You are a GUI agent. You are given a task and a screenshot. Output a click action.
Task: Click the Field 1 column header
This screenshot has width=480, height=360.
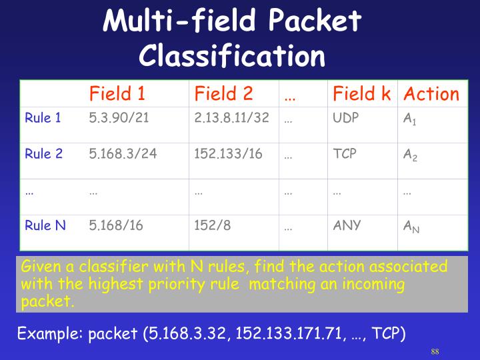coord(117,94)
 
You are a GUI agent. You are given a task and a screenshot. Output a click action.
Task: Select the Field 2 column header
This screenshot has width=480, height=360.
coord(223,94)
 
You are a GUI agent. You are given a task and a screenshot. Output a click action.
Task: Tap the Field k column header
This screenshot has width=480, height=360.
coord(361,94)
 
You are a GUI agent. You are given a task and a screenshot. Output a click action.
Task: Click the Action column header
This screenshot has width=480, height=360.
coord(432,94)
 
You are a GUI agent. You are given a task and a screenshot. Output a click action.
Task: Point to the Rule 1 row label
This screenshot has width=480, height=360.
coord(43,118)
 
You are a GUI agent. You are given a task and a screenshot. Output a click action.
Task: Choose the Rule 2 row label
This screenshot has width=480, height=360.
coord(43,154)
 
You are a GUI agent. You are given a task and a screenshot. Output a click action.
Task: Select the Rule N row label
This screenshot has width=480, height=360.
coord(45,225)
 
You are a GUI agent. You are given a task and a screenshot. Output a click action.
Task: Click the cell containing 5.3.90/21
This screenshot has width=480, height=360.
coord(117,118)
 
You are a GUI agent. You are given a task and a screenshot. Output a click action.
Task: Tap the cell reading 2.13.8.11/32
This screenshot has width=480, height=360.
coord(231,118)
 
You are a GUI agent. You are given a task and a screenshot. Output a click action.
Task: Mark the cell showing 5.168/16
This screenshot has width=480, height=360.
coord(116,225)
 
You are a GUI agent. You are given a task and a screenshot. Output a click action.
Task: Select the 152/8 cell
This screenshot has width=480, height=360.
coord(213,225)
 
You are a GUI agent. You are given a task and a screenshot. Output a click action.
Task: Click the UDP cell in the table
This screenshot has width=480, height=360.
coord(346,118)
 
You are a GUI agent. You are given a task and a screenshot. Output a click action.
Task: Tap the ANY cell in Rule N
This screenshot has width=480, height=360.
coord(347,225)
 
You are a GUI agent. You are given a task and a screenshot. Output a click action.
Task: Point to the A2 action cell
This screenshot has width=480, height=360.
coord(411,155)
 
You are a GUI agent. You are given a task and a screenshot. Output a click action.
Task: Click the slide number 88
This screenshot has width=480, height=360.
coord(435,351)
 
